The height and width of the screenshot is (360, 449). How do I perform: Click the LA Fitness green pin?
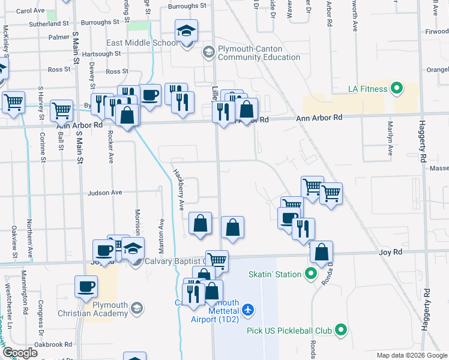click(396, 89)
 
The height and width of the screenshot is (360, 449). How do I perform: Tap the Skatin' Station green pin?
click(310, 275)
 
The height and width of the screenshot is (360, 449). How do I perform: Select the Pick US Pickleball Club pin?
click(341, 330)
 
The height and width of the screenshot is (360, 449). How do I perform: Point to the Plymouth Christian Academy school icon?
click(137, 308)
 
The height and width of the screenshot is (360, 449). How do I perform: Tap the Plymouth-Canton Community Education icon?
click(208, 52)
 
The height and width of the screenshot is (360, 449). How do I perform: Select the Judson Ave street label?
click(105, 193)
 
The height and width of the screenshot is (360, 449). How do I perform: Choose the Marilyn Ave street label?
click(390, 139)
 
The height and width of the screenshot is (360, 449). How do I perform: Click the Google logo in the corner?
click(20, 353)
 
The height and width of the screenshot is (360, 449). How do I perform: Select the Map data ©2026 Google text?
click(412, 355)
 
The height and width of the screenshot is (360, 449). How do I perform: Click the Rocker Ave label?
click(110, 148)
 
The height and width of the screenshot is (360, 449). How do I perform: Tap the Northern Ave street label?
click(29, 238)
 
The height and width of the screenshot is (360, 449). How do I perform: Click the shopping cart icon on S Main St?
click(61, 111)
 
